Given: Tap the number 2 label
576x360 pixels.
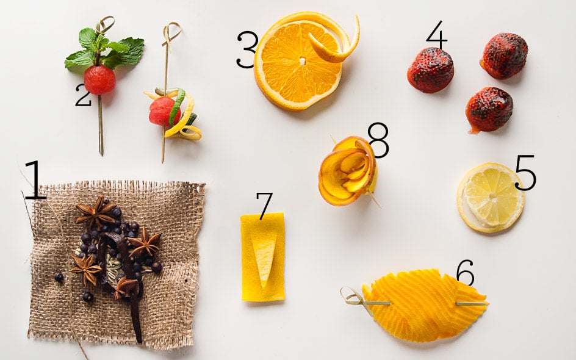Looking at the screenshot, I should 83,96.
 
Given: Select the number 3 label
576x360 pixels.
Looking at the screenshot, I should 247,49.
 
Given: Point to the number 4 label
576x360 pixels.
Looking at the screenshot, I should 436,35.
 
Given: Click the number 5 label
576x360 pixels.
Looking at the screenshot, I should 525,173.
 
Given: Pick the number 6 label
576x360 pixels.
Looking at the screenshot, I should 465,273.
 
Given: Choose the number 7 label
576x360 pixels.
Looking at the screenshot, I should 264,206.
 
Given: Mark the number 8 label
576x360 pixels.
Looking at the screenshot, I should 378,140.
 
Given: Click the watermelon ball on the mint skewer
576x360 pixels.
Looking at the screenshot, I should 99,80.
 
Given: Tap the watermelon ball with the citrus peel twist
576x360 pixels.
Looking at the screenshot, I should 160,111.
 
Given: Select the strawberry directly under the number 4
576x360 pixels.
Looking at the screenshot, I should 431,70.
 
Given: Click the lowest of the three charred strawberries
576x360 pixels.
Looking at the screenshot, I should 488,109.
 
